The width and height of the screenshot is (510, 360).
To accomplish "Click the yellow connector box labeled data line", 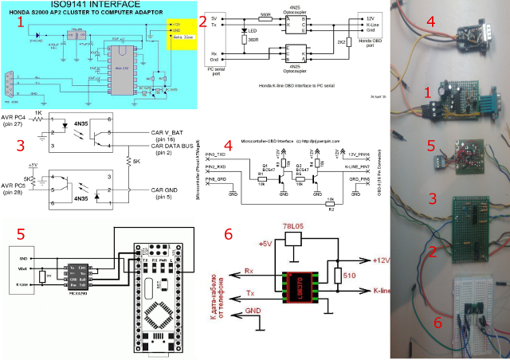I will point(181,37).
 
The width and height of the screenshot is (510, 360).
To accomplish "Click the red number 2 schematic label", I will point(202,22).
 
